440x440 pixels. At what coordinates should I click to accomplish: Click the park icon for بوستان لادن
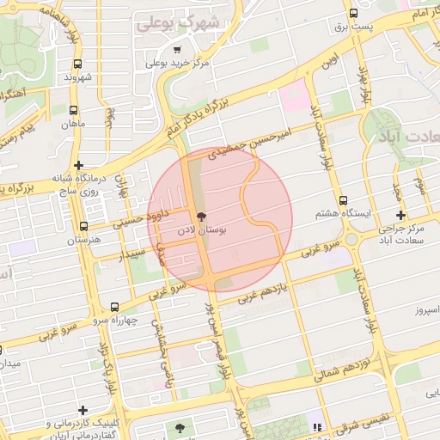tap(203, 217)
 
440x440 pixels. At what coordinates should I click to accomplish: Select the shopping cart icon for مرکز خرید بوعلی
tap(177, 50)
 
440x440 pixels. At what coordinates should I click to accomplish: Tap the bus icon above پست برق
tap(354, 14)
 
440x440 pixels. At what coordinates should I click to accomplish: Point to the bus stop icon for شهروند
tap(79, 64)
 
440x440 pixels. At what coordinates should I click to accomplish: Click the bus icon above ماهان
tap(74, 110)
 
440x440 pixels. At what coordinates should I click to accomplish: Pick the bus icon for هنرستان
tap(83, 226)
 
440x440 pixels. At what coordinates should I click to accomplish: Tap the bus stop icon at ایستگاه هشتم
tap(344, 199)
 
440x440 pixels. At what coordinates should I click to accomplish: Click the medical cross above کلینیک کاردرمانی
tap(82, 410)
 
